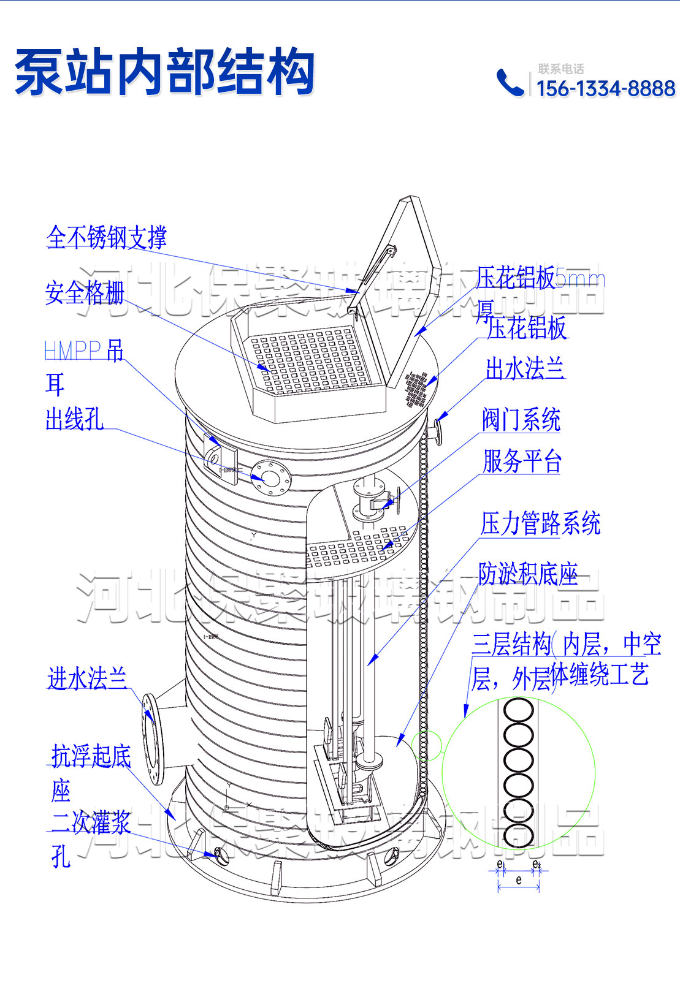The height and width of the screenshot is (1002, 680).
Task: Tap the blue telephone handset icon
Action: click(x=509, y=83)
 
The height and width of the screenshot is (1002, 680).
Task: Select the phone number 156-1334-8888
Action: click(x=606, y=89)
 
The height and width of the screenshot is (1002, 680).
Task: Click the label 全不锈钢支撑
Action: click(x=106, y=237)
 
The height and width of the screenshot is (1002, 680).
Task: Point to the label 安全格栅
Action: click(x=85, y=293)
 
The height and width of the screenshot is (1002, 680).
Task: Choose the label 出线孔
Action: click(x=74, y=420)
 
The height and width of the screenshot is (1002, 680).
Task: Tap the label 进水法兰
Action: click(x=87, y=679)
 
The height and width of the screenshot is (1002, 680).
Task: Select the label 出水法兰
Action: click(x=524, y=369)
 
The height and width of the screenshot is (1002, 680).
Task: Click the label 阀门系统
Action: click(x=521, y=420)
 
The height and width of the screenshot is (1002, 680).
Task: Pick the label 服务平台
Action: click(x=522, y=461)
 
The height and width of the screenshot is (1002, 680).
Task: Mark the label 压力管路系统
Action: click(x=540, y=523)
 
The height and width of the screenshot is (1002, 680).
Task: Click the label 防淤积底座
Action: click(x=527, y=574)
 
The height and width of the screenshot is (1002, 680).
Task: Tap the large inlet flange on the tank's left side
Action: click(x=153, y=738)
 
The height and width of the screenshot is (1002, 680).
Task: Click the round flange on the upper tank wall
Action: click(x=270, y=476)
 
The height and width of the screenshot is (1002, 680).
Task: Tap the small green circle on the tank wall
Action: click(x=426, y=745)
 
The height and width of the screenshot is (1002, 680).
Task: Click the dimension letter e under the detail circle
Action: click(x=519, y=881)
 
